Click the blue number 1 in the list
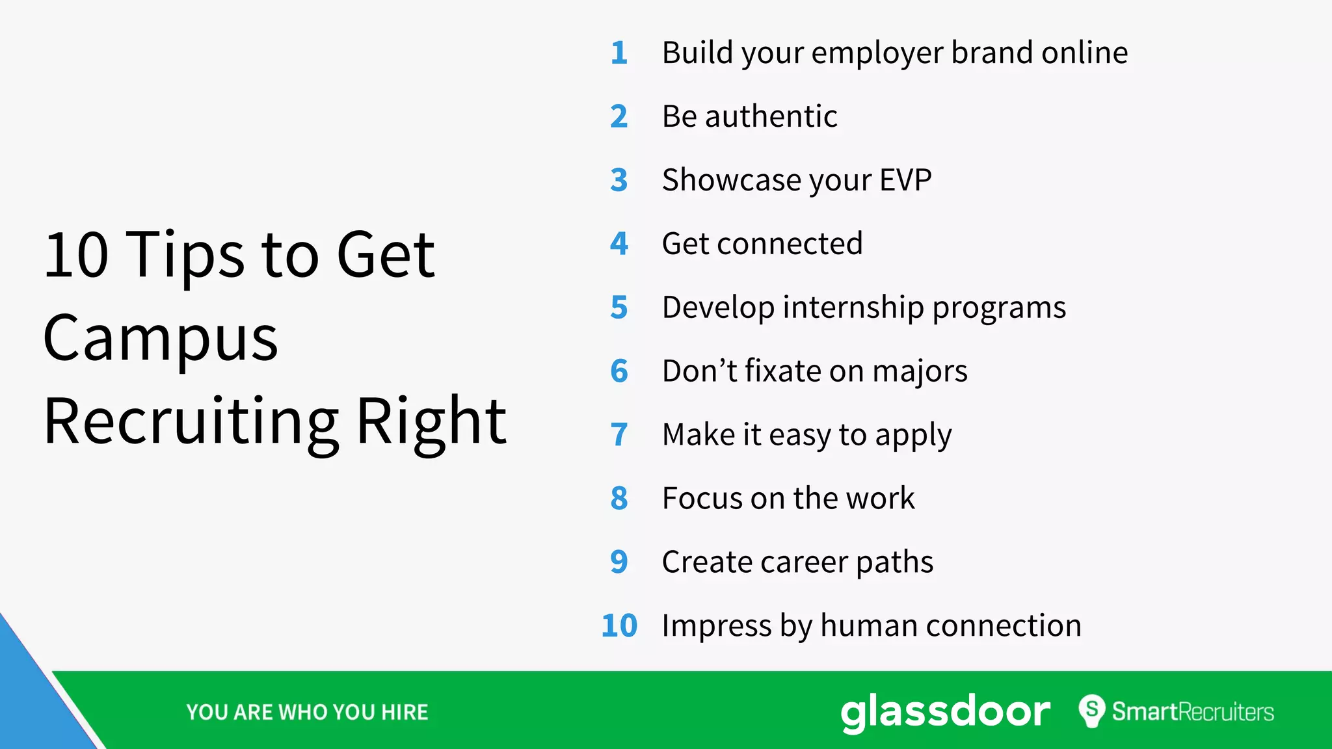(x=619, y=53)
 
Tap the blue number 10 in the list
(x=619, y=625)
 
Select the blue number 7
(x=619, y=435)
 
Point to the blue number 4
(x=619, y=244)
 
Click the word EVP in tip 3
(x=905, y=180)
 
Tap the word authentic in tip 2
(x=771, y=116)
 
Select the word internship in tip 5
(x=853, y=308)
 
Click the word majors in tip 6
(x=920, y=372)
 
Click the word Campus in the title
(x=161, y=338)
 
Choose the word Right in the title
(x=431, y=421)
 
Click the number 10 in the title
(x=76, y=255)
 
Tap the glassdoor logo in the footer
(x=945, y=712)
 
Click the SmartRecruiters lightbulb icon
(x=1092, y=711)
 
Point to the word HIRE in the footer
(x=405, y=713)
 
